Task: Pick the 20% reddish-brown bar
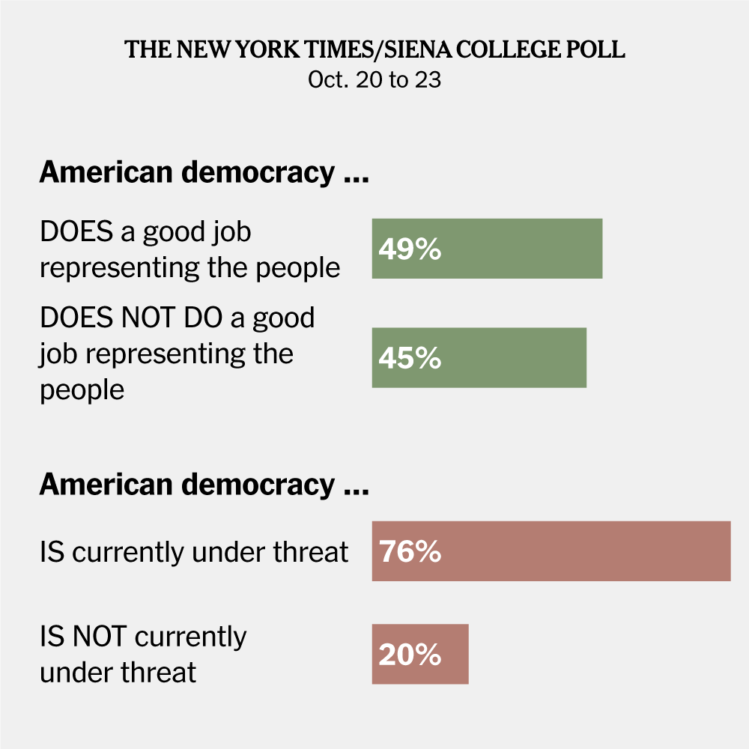pyautogui.click(x=449, y=654)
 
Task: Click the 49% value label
pyautogui.click(x=410, y=249)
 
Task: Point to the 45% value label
pyautogui.click(x=410, y=359)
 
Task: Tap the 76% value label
pyautogui.click(x=410, y=552)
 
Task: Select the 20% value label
pyautogui.click(x=410, y=655)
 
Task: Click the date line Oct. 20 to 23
pyautogui.click(x=374, y=80)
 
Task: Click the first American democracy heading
pyautogui.click(x=204, y=173)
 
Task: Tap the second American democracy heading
pyautogui.click(x=204, y=485)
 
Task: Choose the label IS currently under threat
pyautogui.click(x=194, y=552)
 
